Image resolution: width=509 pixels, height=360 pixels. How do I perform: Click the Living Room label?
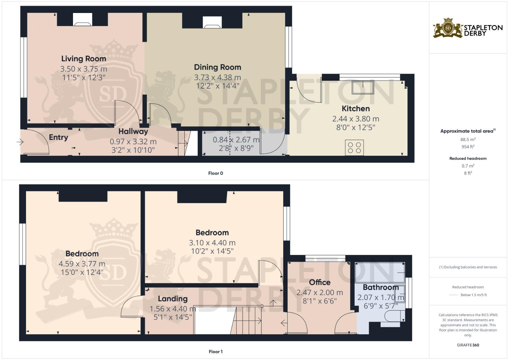84,59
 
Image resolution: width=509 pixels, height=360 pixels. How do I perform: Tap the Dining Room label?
217,67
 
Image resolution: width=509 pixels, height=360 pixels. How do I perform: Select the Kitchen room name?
356,109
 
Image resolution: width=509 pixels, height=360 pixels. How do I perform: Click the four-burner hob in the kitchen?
354,148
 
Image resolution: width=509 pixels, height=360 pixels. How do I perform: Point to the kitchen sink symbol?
362,87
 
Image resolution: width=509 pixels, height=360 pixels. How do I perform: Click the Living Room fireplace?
82,20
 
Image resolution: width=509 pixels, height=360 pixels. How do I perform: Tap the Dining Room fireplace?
212,22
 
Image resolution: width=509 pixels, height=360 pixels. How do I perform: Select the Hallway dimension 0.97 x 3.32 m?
133,142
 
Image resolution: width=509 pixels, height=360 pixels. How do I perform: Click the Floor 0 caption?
215,173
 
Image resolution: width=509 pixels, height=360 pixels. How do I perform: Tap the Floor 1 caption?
215,352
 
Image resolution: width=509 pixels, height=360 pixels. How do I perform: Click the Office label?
320,282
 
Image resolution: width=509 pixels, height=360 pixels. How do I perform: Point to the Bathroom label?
380,287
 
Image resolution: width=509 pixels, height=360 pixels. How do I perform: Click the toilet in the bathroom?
393,316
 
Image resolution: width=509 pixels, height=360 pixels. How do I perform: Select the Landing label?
173,299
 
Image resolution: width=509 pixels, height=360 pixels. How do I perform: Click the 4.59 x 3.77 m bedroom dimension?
82,264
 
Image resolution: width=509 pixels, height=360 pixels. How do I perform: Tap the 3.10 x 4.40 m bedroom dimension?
212,243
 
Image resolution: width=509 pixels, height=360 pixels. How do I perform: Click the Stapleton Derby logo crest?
448,28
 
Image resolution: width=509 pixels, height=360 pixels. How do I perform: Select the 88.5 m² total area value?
468,140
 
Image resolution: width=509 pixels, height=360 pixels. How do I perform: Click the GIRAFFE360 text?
468,345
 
